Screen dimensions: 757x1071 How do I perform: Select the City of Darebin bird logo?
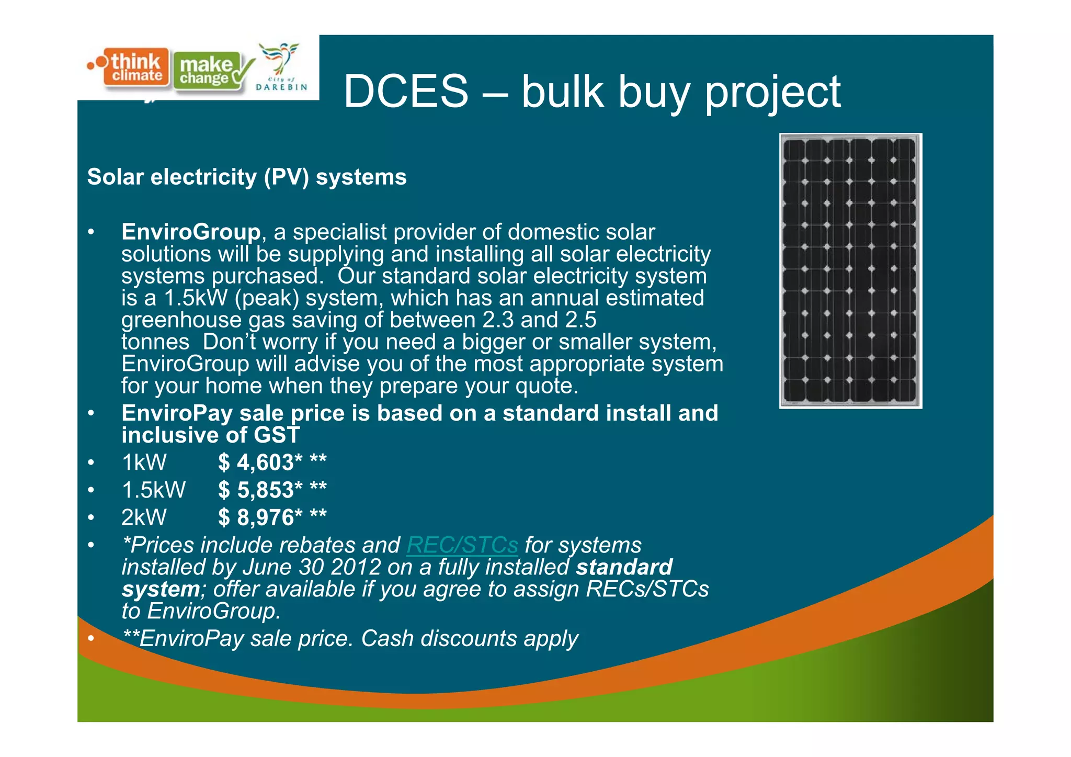point(281,67)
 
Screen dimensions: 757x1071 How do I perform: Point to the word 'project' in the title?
point(773,93)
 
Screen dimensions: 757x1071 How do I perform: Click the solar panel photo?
point(850,270)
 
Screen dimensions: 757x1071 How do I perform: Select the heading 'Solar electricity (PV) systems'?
point(247,177)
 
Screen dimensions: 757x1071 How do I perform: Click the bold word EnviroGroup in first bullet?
point(191,232)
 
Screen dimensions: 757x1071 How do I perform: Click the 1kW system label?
point(144,462)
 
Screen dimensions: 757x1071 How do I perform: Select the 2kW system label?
point(144,517)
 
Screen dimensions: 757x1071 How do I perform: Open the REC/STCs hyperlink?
point(462,545)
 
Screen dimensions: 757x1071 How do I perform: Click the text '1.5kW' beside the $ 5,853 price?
point(153,490)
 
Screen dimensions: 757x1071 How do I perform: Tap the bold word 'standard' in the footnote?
point(624,567)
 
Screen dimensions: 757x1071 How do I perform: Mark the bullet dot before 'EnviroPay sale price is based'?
point(91,413)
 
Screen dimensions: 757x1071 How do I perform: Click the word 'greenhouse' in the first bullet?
point(181,320)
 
